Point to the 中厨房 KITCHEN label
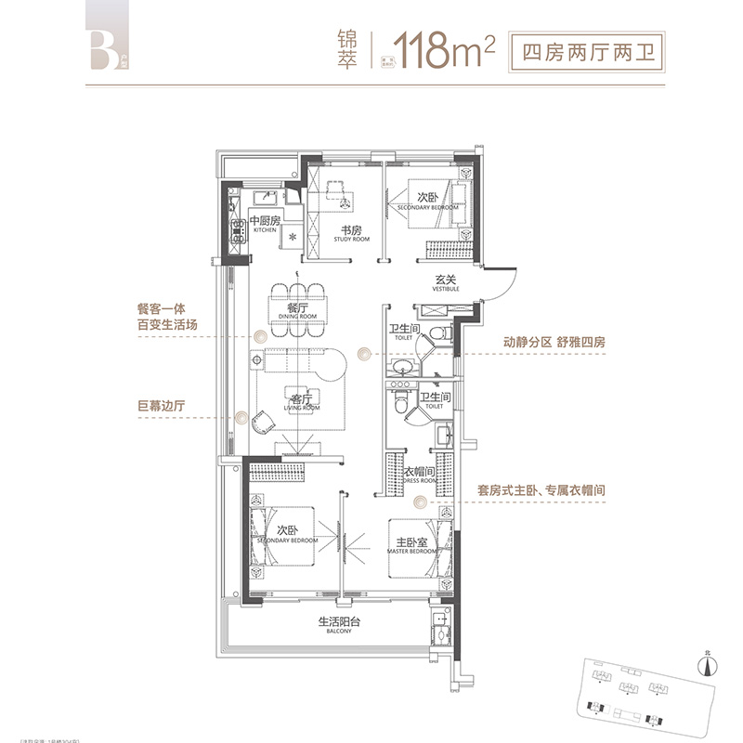264,224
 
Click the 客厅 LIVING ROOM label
297,402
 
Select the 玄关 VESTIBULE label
443,282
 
